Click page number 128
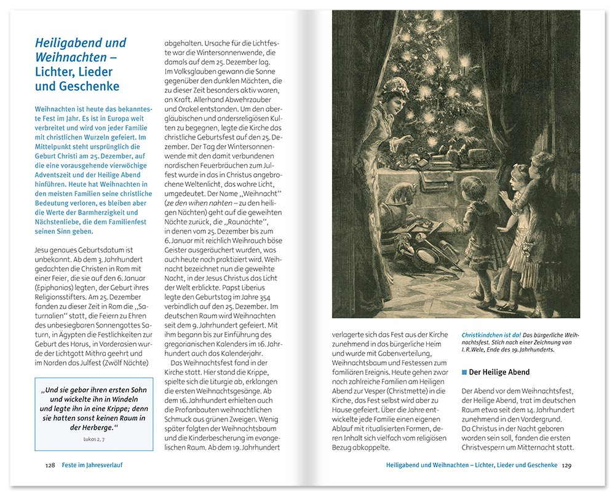[x=50, y=465]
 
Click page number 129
[x=566, y=465]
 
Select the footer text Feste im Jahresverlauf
[x=92, y=465]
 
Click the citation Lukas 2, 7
[x=93, y=439]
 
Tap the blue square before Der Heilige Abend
[x=464, y=372]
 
